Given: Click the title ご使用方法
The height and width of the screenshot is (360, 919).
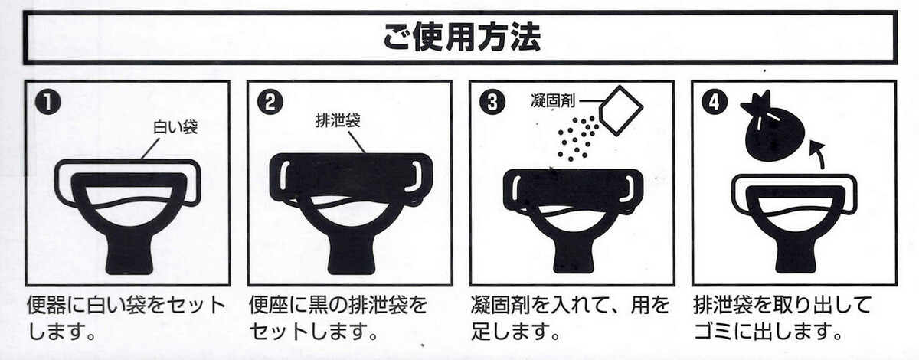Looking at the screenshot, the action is tap(461, 38).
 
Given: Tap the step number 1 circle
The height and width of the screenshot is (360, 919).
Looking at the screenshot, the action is tap(48, 103).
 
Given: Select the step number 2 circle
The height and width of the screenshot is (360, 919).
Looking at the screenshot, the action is tap(270, 102).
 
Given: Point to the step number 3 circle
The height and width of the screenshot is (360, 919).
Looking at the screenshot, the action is tap(492, 102).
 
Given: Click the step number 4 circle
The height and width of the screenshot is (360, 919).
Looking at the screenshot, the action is tap(715, 102).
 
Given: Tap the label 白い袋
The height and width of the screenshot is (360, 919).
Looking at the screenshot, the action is tap(175, 127).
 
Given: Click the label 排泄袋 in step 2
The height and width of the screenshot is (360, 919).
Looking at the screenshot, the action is tap(338, 121).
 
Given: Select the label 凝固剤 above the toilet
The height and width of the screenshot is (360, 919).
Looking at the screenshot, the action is tap(553, 100).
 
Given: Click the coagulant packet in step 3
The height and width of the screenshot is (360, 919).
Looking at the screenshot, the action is tap(620, 111).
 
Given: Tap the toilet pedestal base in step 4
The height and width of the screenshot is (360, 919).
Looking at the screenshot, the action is tap(796, 257).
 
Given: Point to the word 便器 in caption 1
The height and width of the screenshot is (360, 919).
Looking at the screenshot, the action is tap(45, 306).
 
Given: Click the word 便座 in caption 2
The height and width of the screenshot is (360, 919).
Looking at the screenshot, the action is tap(268, 306).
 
